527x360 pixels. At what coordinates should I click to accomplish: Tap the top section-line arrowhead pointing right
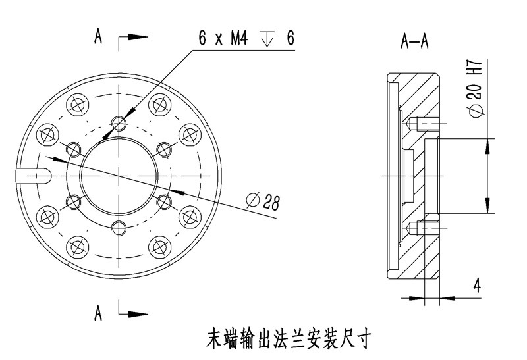click(x=137, y=38)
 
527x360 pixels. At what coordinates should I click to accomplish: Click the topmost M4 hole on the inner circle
click(x=119, y=123)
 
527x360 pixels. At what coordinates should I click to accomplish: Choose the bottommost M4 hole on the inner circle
click(x=119, y=228)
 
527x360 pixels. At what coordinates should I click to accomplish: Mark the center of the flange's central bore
click(x=119, y=176)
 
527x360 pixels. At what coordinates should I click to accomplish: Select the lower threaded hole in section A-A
click(x=426, y=228)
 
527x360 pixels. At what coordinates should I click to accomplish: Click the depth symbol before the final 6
click(x=267, y=39)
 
